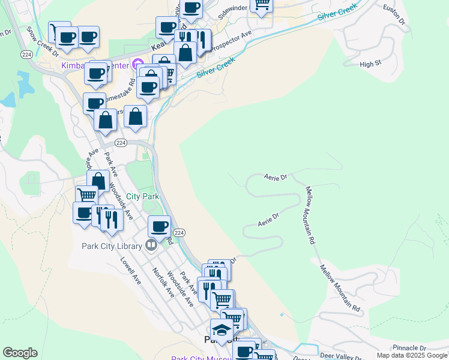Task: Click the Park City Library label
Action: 112,245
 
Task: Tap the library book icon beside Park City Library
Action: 150,245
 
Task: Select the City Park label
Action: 142,196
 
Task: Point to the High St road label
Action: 370,64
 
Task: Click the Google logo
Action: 20,353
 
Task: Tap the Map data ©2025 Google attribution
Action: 411,355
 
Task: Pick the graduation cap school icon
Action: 221,330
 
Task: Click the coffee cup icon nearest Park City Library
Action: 159,226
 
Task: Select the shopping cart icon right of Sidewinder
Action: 262,4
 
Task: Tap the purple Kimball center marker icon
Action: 137,63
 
